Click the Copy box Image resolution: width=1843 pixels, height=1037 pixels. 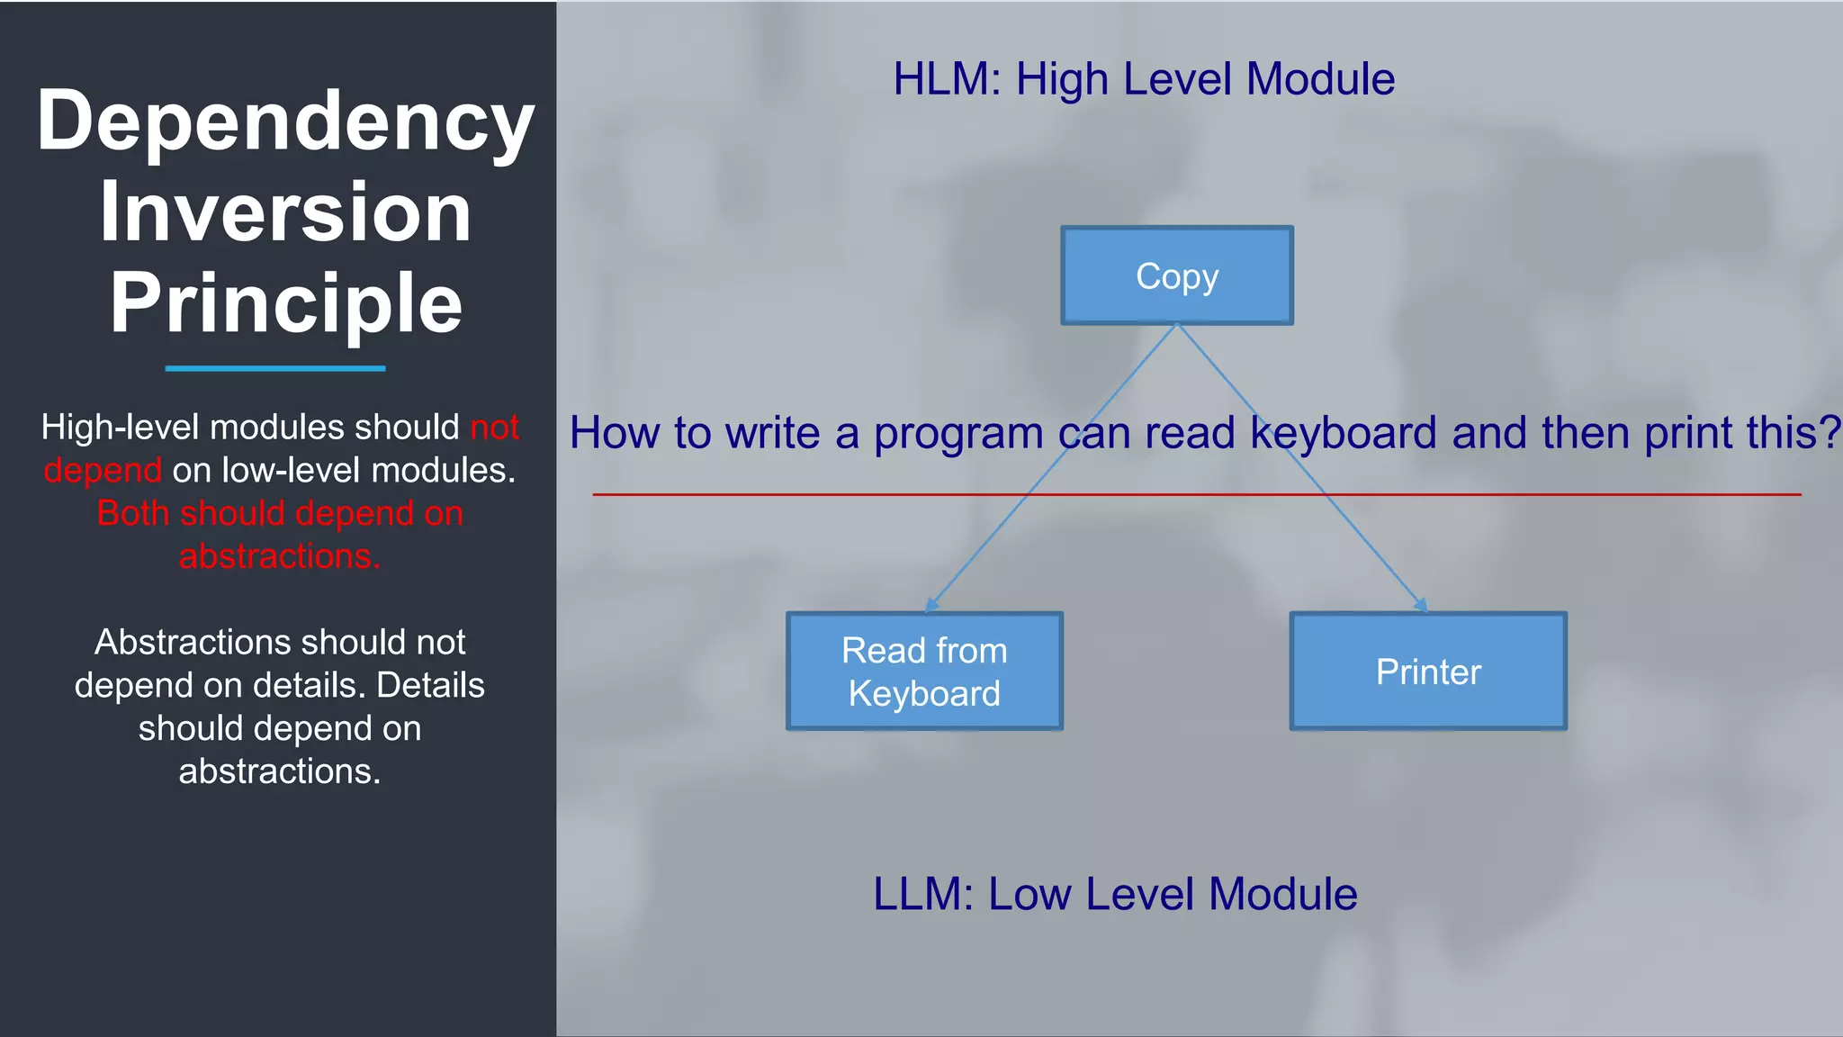pos(1177,275)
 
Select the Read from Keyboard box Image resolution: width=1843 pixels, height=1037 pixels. pos(924,672)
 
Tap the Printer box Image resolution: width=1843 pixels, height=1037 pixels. pos(1428,672)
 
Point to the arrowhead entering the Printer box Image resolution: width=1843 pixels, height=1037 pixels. pos(1421,605)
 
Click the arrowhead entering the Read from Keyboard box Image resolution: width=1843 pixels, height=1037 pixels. pos(932,605)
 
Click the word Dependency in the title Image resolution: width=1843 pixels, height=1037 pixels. pos(286,122)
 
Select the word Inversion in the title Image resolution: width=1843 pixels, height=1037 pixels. pos(285,212)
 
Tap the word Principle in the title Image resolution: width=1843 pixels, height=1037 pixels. pos(286,303)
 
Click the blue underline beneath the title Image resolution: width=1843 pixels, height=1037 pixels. pos(275,368)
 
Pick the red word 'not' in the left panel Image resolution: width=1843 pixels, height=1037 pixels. pos(494,428)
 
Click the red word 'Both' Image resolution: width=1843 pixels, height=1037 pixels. pos(133,513)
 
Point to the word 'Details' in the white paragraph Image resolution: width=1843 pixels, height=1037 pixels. pos(430,685)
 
